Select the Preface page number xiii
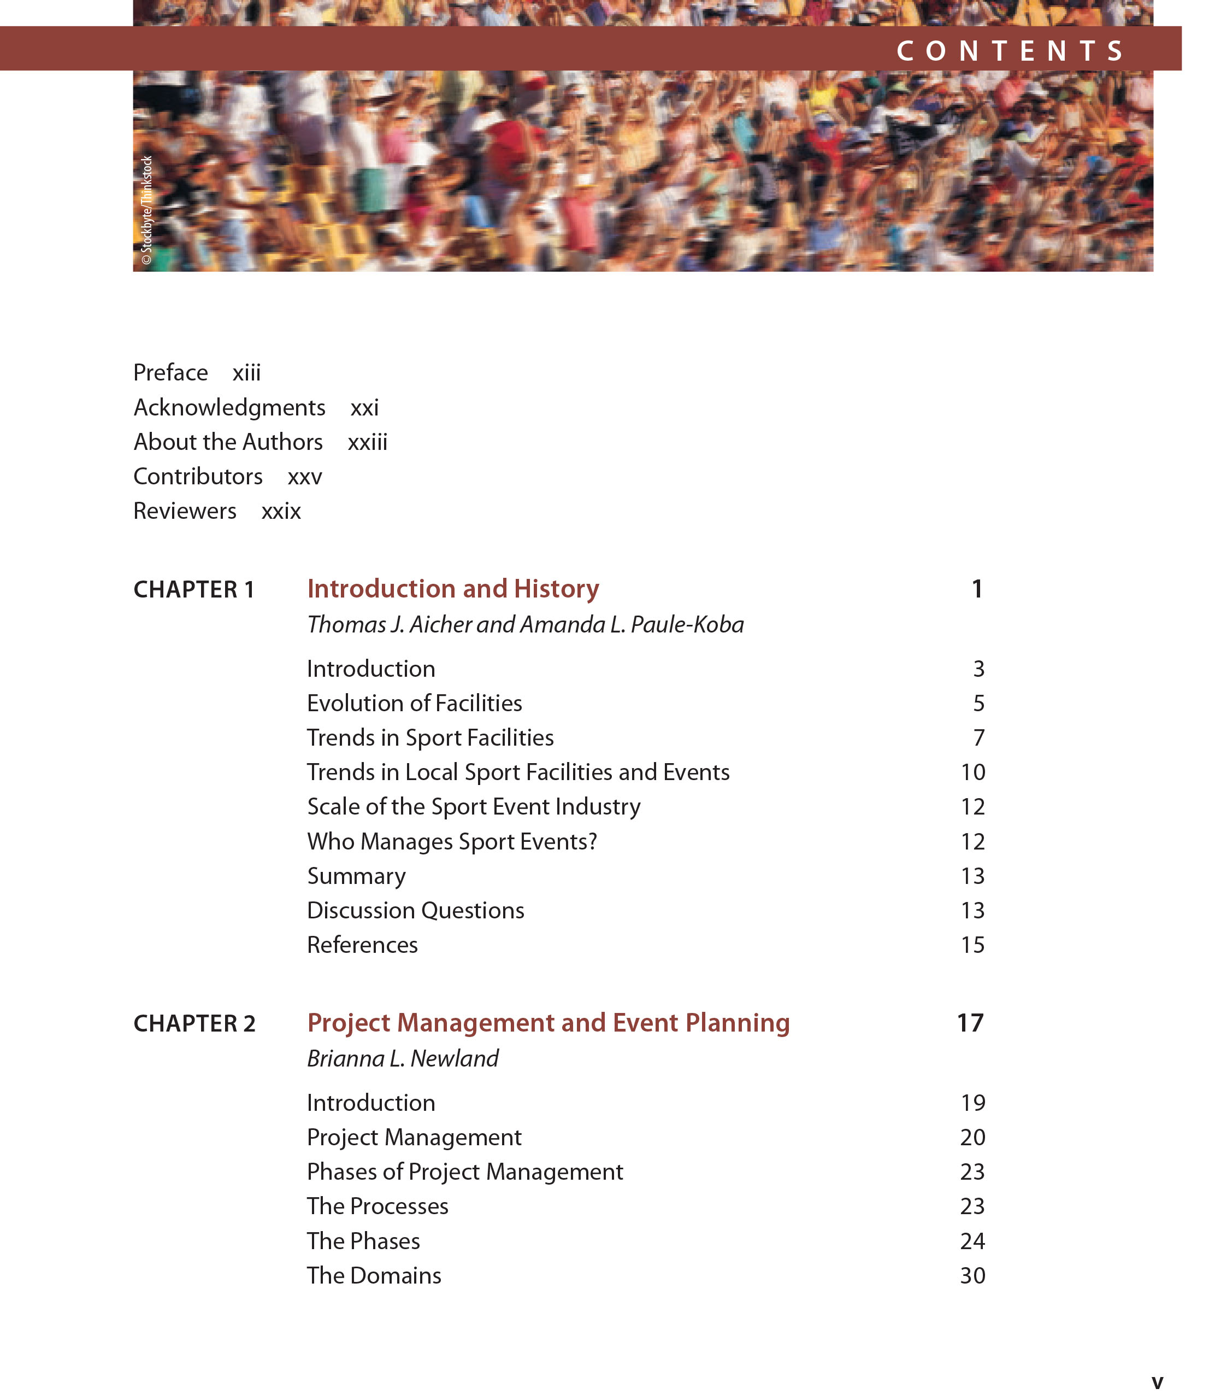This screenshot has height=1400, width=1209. pos(246,373)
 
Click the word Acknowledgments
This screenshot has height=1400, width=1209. pos(229,407)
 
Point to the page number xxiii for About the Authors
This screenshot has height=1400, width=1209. pos(368,442)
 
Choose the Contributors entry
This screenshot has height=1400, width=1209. pos(198,476)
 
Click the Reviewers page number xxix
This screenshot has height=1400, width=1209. pos(281,511)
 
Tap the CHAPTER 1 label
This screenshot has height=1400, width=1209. pos(194,589)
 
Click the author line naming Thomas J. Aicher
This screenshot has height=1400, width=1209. pos(525,624)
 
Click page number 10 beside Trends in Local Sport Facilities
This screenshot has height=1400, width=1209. pos(972,772)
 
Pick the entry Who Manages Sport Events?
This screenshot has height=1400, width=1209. pos(452,841)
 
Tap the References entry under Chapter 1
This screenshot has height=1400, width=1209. pos(362,945)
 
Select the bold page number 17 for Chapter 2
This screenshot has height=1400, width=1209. pos(970,1023)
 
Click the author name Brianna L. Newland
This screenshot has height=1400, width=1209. pos(403,1058)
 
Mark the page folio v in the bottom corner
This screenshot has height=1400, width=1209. pos(1157,1383)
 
